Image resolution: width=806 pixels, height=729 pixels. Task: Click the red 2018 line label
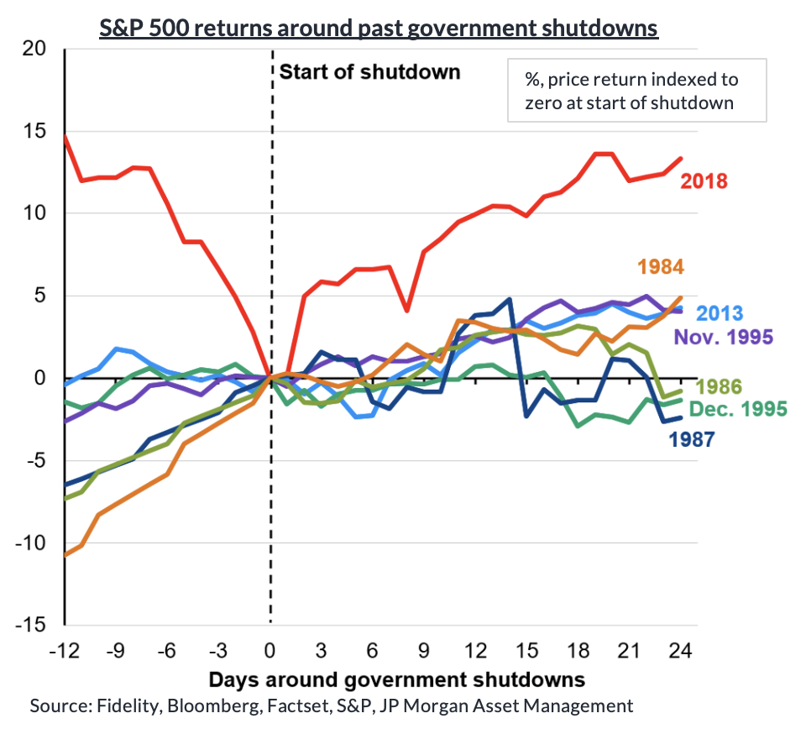coord(704,181)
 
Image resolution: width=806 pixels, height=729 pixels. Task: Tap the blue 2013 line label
coord(720,314)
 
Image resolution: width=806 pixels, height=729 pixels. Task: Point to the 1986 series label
coord(719,387)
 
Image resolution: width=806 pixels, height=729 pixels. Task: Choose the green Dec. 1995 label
coord(738,409)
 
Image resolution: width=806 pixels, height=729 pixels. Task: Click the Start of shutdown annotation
coord(369,71)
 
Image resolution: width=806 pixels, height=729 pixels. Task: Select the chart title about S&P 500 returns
coord(378,28)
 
